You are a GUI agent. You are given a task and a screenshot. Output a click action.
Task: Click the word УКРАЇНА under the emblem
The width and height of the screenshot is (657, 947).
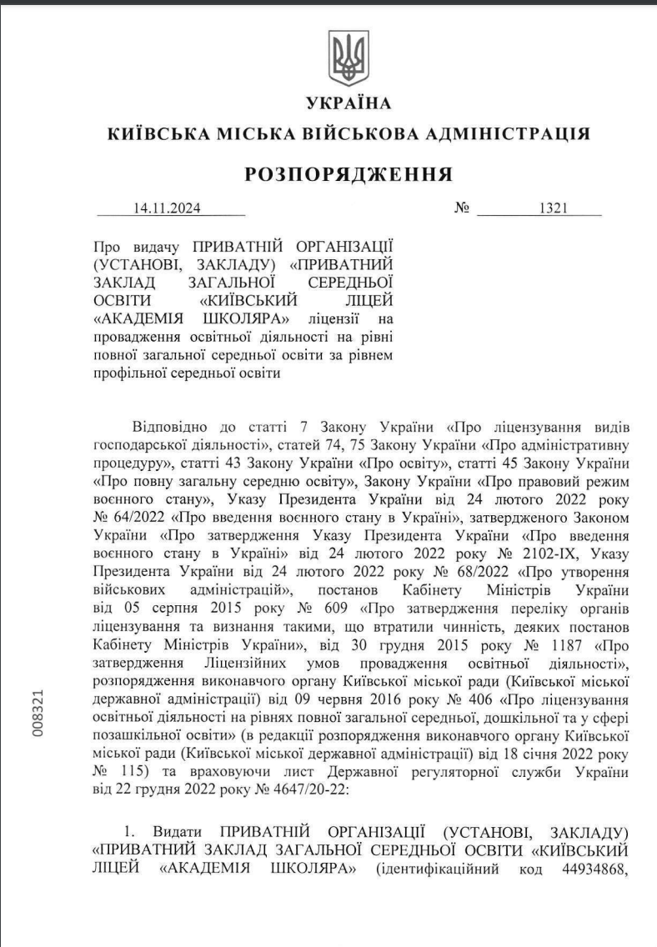[x=349, y=103]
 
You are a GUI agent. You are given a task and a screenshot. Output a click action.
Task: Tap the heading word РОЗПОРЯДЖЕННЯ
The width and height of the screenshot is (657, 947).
[x=349, y=174]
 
